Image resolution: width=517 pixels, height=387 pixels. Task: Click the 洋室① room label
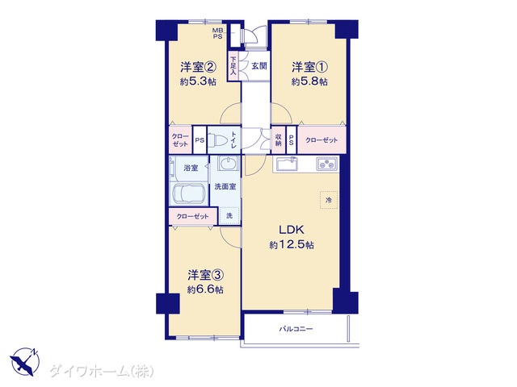[309, 67]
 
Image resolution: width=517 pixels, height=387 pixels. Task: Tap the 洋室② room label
[198, 67]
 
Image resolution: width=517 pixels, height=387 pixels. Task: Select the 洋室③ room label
[206, 275]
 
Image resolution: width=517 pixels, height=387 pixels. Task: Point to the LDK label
[292, 230]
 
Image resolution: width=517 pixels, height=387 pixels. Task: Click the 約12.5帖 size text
[292, 245]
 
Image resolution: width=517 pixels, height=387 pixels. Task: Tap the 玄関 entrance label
[259, 66]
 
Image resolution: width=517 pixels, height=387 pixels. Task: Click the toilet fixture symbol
[219, 140]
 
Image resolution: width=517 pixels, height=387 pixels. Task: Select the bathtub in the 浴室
[189, 193]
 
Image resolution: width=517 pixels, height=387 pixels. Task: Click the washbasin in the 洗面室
[228, 163]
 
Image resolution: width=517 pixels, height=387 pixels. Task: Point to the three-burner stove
[327, 164]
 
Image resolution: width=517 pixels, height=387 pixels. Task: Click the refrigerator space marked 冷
[329, 200]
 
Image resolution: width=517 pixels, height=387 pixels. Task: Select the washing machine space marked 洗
[229, 215]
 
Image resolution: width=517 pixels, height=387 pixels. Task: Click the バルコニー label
[296, 329]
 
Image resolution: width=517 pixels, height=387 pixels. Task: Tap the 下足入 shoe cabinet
[233, 66]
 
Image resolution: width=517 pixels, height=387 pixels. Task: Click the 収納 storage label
[278, 140]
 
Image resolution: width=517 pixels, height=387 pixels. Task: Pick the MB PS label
[217, 34]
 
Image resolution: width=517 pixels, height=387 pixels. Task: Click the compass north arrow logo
[25, 361]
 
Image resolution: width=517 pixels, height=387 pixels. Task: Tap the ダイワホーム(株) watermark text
[102, 371]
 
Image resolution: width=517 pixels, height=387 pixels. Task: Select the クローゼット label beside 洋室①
[322, 140]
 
